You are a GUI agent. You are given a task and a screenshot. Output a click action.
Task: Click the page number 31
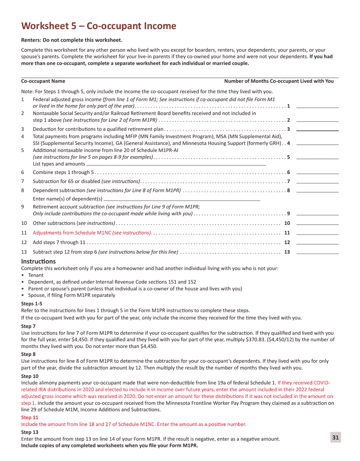(x=335, y=437)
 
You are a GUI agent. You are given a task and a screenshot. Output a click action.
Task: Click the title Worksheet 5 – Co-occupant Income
(x=99, y=26)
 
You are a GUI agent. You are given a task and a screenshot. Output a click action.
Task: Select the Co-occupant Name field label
(x=43, y=81)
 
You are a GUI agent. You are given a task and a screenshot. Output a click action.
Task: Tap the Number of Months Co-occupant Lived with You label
(x=279, y=81)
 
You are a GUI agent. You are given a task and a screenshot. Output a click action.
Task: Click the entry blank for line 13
(x=317, y=252)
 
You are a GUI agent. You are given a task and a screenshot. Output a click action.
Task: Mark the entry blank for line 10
(x=317, y=223)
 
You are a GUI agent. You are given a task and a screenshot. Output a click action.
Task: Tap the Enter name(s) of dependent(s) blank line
(x=182, y=199)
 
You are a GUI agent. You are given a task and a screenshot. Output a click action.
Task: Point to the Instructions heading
(x=38, y=262)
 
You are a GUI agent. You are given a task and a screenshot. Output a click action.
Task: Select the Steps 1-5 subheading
(x=32, y=303)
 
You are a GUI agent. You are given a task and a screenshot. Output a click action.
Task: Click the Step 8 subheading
(x=28, y=354)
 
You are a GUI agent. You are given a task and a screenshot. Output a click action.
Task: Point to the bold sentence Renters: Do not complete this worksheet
(x=72, y=40)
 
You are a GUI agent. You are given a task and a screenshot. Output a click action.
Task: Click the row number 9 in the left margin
(x=23, y=207)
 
